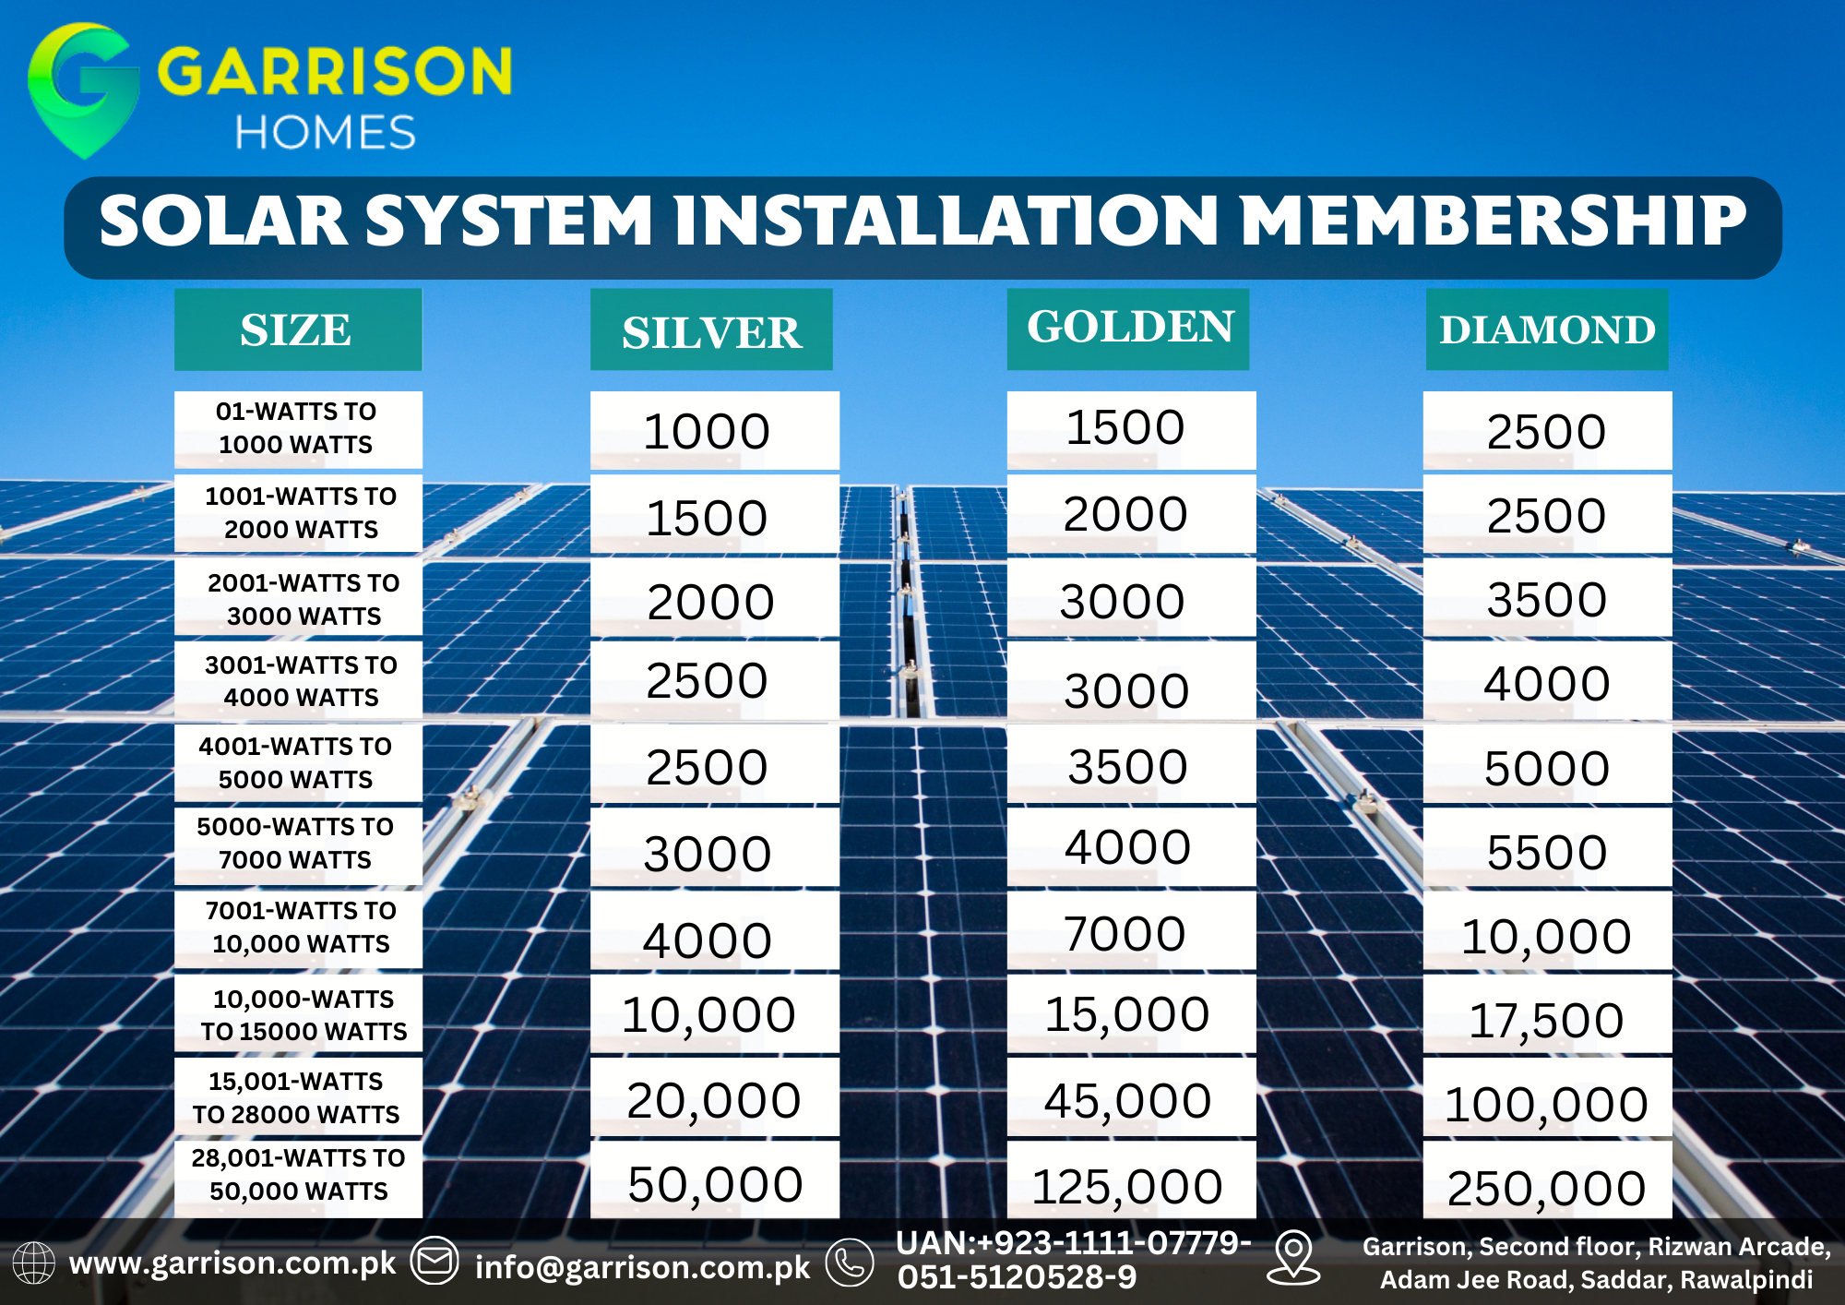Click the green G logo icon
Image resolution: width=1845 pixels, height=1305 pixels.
tap(83, 88)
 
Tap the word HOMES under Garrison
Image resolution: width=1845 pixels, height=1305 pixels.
tap(325, 133)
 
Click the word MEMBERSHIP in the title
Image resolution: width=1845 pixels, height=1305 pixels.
tap(1494, 221)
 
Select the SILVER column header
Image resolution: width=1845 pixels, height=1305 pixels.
tap(711, 331)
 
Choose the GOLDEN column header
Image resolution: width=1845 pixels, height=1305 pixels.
tap(1129, 328)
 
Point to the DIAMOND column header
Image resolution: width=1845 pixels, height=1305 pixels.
tap(1547, 330)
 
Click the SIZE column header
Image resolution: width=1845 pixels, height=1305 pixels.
tap(296, 330)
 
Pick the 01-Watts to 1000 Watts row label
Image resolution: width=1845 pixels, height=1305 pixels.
tap(296, 428)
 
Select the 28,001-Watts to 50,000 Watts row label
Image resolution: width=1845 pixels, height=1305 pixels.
tap(298, 1175)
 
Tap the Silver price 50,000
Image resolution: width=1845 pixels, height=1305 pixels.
tap(715, 1184)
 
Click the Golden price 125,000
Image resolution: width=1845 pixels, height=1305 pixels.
tap(1126, 1187)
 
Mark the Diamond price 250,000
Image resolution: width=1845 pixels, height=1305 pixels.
tap(1546, 1189)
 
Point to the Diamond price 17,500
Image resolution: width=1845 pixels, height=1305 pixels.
tap(1546, 1021)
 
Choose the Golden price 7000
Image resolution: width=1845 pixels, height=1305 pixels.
tap(1125, 933)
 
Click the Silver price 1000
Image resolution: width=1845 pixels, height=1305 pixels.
tap(707, 432)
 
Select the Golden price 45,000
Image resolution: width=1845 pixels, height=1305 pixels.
tap(1127, 1101)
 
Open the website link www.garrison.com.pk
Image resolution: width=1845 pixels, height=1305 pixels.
tap(232, 1263)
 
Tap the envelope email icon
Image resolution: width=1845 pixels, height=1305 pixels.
tap(434, 1261)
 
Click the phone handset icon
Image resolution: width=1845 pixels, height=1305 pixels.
tap(850, 1263)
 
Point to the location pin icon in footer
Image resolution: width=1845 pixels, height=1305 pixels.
tap(1293, 1257)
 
